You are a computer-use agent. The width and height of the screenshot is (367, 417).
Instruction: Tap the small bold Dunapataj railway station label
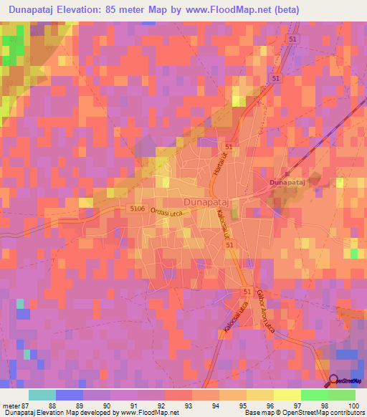(287, 183)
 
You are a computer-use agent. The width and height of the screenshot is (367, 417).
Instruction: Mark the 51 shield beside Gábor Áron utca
(247, 292)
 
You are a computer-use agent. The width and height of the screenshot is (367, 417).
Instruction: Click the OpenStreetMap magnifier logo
(335, 381)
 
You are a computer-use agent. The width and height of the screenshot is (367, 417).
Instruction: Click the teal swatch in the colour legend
(42, 395)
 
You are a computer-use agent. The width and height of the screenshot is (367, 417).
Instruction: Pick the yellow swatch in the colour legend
(287, 395)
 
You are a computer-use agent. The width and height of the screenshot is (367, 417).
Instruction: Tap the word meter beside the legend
(11, 406)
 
